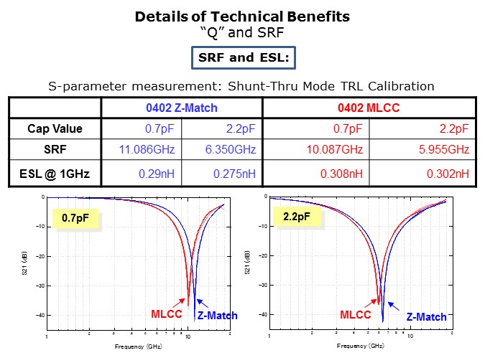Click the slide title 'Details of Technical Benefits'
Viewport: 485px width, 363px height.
[242, 16]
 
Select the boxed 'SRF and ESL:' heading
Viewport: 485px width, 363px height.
[242, 57]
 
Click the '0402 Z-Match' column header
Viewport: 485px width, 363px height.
[182, 108]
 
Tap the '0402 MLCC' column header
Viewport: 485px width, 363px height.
[369, 108]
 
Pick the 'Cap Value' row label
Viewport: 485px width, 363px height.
[55, 128]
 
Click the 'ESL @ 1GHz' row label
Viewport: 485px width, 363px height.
[55, 173]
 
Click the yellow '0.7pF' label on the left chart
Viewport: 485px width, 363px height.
[74, 217]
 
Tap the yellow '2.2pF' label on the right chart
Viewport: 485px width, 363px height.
[296, 215]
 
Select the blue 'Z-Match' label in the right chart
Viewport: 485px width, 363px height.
[426, 316]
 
